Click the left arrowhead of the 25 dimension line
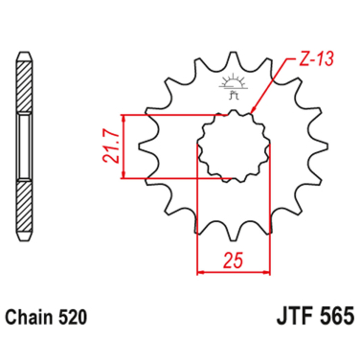coord(201,271)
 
